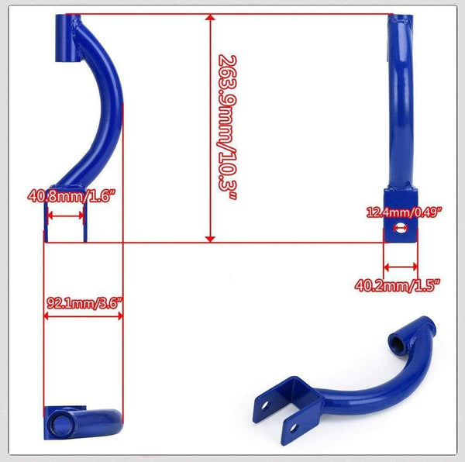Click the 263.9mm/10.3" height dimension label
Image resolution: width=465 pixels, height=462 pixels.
226,128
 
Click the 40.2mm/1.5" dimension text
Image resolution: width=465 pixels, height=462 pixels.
398,284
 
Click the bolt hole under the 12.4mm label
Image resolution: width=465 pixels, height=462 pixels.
400,228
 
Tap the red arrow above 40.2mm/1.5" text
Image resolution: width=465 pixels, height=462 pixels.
401,264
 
